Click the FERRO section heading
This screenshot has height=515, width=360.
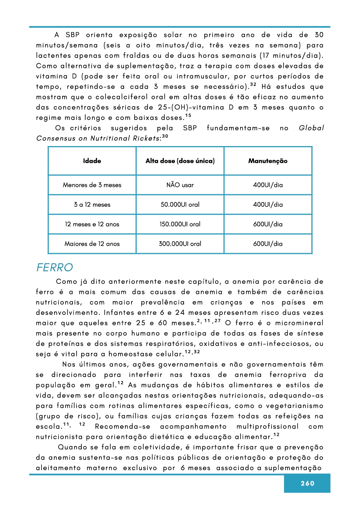point(55,267)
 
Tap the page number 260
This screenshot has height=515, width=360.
point(307,483)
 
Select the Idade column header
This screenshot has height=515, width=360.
point(92,161)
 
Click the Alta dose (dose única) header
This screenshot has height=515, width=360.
point(180,161)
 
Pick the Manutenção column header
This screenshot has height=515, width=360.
point(268,161)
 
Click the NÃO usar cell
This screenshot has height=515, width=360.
point(180,185)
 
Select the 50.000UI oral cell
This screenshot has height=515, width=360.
point(180,205)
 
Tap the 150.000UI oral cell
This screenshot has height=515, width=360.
point(180,224)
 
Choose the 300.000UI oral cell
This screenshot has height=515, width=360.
point(180,244)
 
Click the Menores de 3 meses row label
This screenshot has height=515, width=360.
point(92,185)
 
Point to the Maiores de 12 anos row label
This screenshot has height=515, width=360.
point(92,244)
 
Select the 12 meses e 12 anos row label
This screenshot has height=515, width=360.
point(92,224)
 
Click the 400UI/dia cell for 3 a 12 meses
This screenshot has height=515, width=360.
point(268,205)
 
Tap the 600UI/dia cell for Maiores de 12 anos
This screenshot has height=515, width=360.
point(268,244)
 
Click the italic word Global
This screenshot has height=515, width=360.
point(311,128)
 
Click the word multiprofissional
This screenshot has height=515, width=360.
point(267,426)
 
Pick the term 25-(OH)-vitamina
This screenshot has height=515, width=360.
point(191,107)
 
